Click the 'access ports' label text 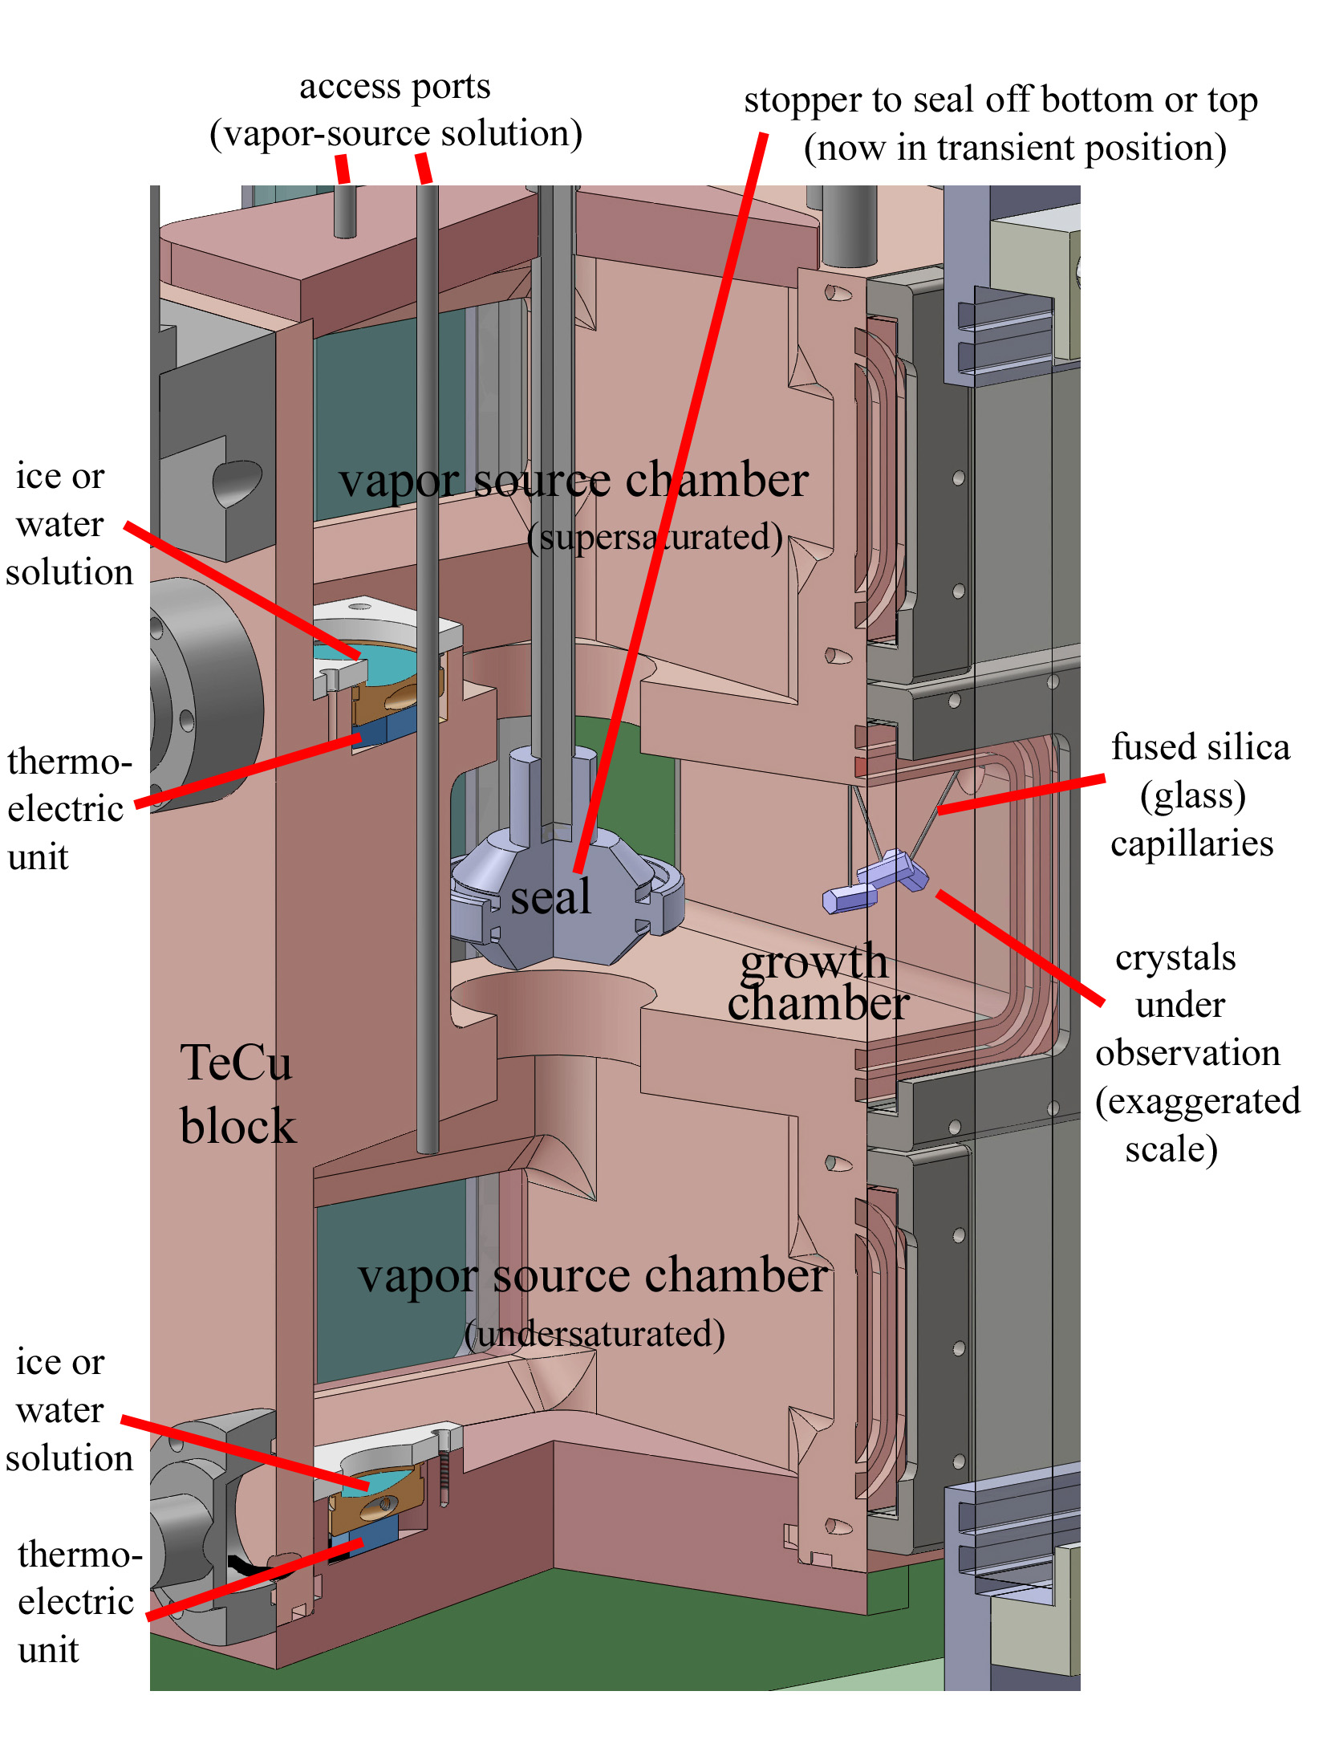coord(395,86)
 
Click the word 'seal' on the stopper coord(551,897)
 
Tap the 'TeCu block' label coord(237,1093)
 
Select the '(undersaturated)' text coord(595,1334)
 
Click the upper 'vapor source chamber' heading coord(573,480)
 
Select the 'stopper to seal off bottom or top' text coord(1000,100)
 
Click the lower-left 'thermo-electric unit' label coord(77,1601)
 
